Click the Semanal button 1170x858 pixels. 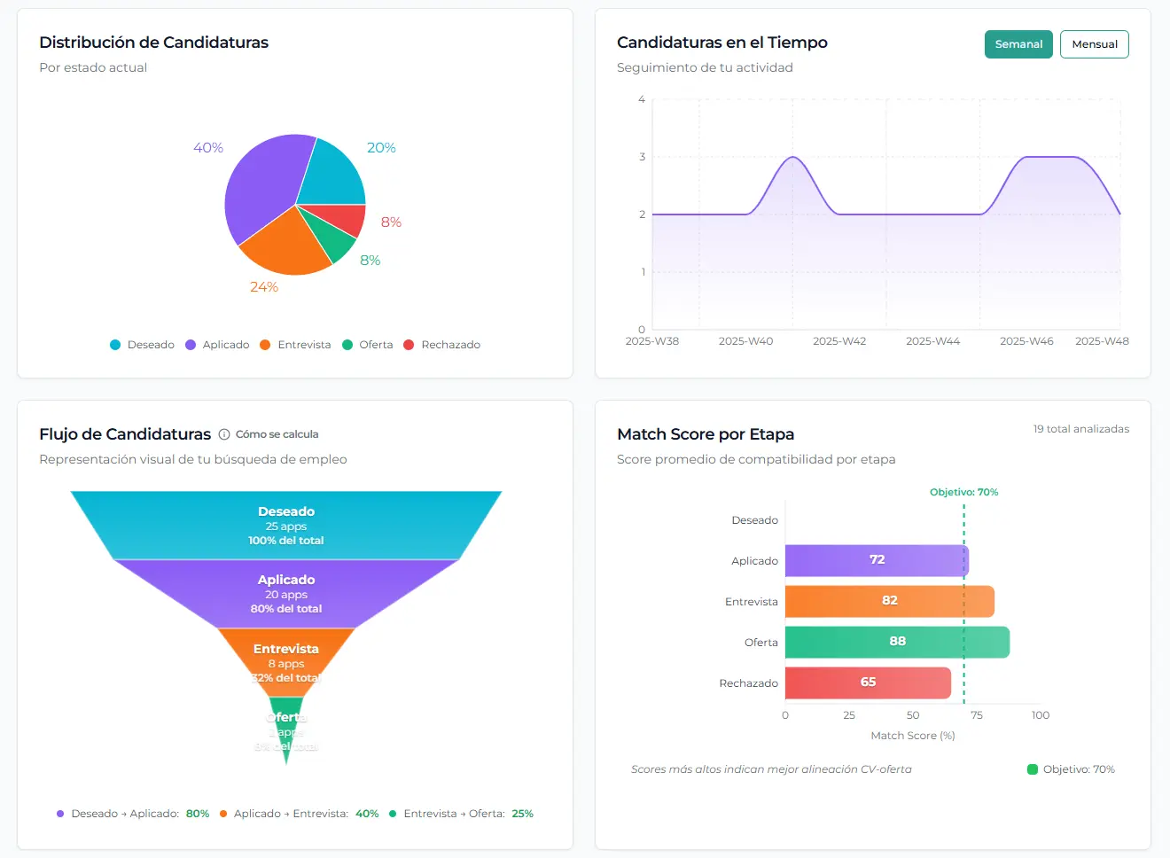click(1018, 44)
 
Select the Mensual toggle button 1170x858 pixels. click(1094, 44)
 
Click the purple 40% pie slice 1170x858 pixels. click(261, 186)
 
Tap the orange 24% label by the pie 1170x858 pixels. click(264, 287)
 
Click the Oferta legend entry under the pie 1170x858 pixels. click(368, 345)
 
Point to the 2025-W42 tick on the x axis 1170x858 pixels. click(839, 341)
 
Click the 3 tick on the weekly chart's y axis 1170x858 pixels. click(643, 157)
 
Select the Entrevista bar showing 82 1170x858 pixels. click(889, 601)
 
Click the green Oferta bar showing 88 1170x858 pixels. click(897, 642)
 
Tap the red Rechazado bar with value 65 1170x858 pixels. click(868, 682)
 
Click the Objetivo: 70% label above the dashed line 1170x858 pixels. click(963, 492)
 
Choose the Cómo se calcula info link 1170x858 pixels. click(269, 434)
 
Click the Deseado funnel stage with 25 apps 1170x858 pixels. click(286, 525)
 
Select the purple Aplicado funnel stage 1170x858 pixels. click(286, 593)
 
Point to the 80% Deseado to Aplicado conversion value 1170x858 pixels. click(198, 814)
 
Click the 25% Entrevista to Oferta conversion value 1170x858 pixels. click(522, 814)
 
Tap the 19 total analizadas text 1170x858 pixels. click(1080, 429)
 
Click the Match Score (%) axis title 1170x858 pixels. click(912, 736)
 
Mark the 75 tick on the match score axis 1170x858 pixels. click(976, 715)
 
